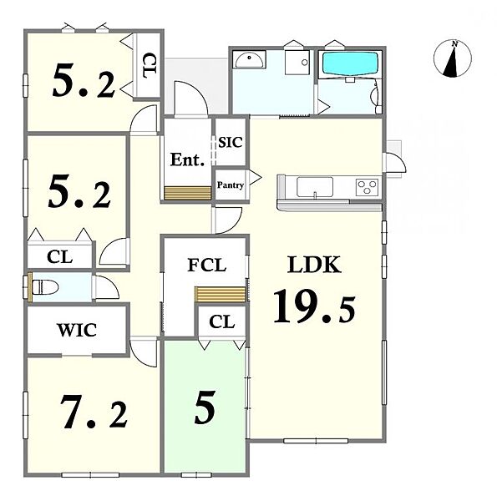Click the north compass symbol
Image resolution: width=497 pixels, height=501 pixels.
[452, 58]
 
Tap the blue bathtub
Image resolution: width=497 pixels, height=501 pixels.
[350, 64]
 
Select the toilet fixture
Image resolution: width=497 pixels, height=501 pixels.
[45, 286]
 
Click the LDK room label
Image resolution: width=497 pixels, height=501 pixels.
[314, 265]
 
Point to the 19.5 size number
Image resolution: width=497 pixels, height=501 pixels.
[314, 306]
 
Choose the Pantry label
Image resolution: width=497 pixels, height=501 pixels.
[231, 185]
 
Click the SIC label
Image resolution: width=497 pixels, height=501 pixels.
[230, 142]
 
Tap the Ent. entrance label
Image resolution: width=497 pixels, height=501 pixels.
[187, 159]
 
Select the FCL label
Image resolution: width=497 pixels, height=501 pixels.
[207, 265]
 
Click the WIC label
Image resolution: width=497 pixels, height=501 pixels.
[77, 330]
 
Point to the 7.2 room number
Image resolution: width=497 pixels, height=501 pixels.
[94, 412]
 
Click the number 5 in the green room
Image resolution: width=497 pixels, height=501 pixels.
[205, 407]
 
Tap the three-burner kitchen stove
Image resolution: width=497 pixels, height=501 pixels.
[367, 187]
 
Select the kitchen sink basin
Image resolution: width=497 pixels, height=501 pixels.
[315, 187]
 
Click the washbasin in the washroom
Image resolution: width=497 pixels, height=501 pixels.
[249, 59]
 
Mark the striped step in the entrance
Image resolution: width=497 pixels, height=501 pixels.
[188, 193]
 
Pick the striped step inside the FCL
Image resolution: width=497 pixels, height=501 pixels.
[221, 294]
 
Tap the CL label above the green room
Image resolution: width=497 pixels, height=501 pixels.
[222, 321]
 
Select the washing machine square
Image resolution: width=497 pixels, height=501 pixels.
[297, 63]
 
